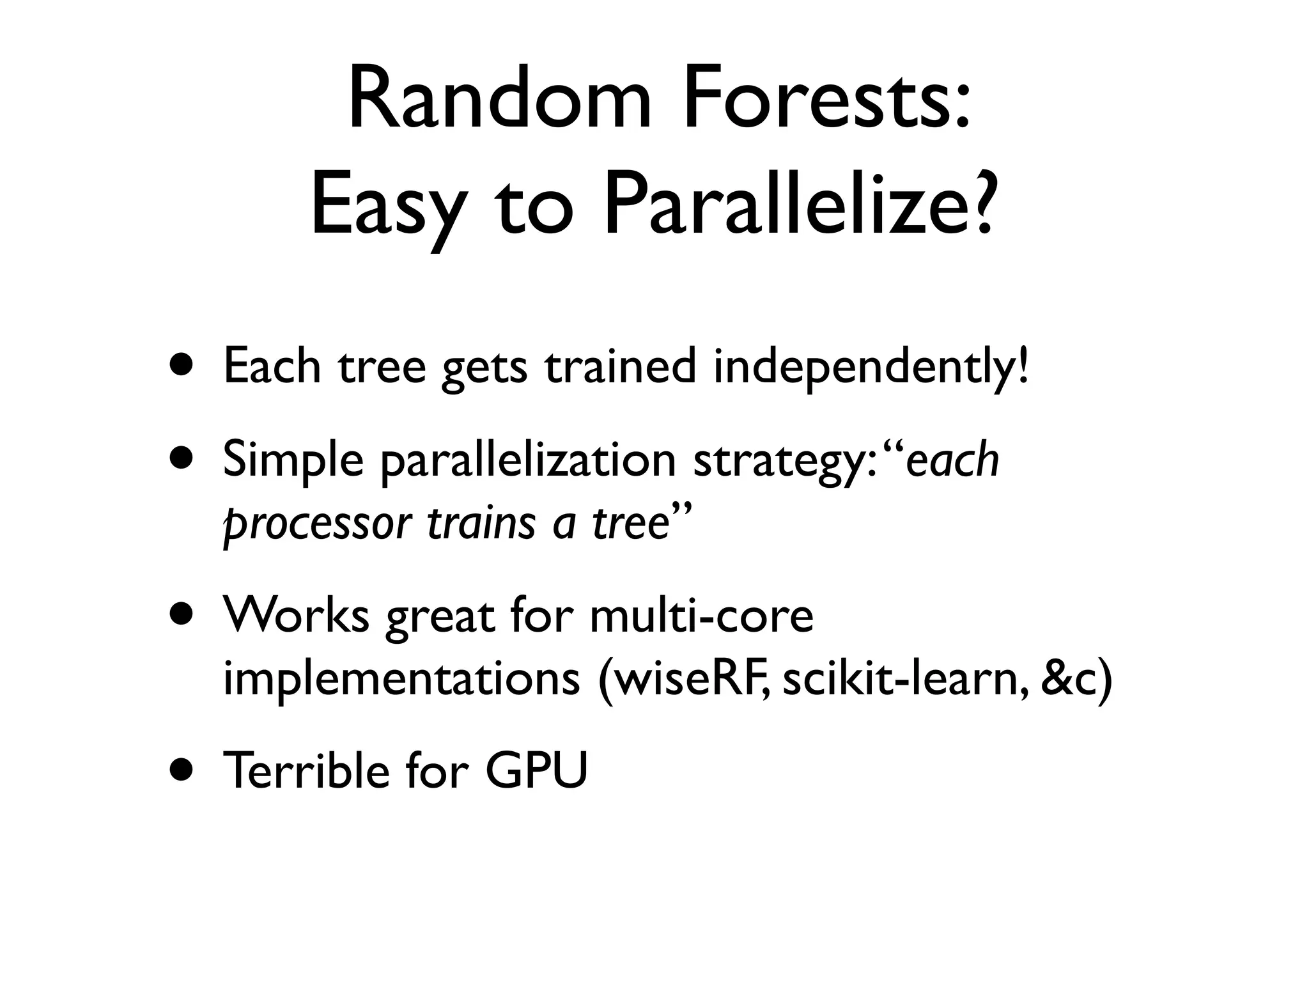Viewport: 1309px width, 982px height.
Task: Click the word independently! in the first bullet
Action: pyautogui.click(x=872, y=367)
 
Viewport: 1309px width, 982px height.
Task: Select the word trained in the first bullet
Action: pyautogui.click(x=620, y=367)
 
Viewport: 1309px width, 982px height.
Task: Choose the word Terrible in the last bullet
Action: pyautogui.click(x=306, y=770)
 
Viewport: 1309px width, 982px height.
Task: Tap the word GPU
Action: pyautogui.click(x=536, y=770)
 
